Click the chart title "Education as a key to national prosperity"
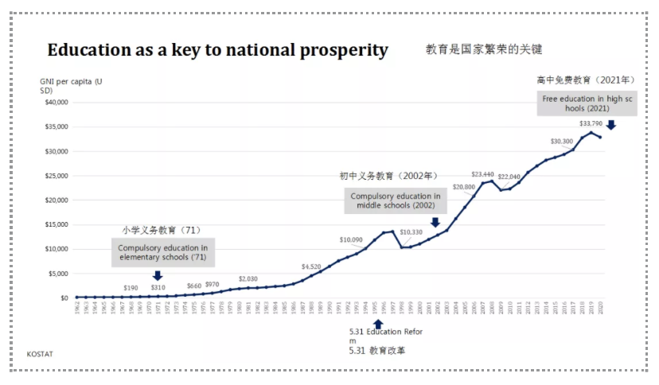coord(217,50)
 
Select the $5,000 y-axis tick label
coord(58,274)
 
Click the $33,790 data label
coord(591,123)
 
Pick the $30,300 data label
coord(562,141)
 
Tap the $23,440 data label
coord(483,174)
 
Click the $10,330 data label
coord(411,232)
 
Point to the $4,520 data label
coord(311,266)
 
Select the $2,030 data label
coord(248,279)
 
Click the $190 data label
coord(131,287)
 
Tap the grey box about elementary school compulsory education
coord(162,253)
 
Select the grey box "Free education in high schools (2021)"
coord(587,103)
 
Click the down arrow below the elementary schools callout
coord(157,276)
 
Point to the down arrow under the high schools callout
coord(610,125)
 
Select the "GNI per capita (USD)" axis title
coord(71,86)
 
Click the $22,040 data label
coord(509,177)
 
